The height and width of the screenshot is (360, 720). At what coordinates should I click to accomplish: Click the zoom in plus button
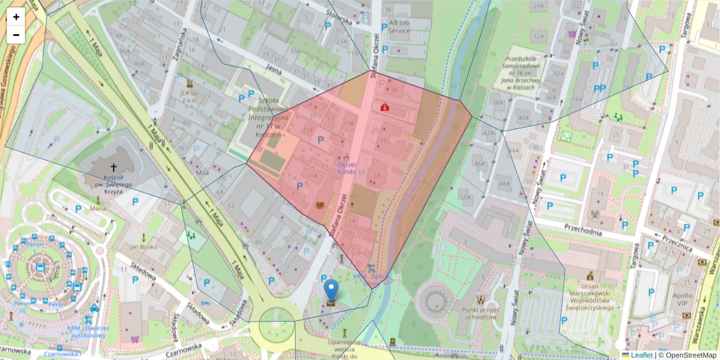tap(16, 17)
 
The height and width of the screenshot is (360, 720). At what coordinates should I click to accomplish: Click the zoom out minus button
tap(16, 35)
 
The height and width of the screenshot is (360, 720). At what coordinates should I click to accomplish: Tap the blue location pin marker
tap(331, 290)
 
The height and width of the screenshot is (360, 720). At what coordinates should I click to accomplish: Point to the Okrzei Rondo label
tap(347, 168)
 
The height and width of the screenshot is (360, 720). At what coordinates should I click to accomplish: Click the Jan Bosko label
tap(143, 247)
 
